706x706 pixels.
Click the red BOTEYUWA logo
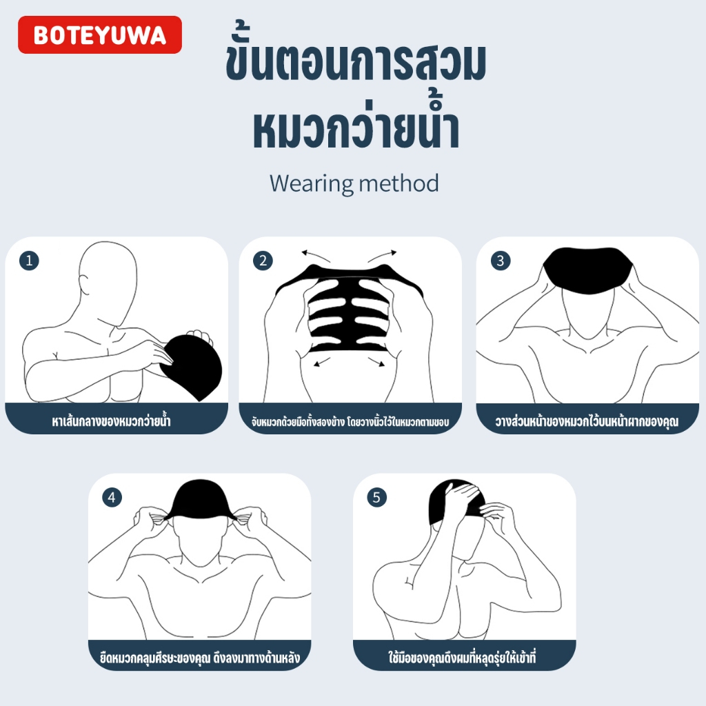point(100,34)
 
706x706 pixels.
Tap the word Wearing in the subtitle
point(312,183)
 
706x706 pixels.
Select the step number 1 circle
point(29,261)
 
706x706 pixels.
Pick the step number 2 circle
point(263,261)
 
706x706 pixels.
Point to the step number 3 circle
point(501,261)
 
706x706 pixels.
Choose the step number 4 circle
point(112,498)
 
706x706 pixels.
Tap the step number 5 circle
point(376,498)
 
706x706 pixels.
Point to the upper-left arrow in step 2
point(316,256)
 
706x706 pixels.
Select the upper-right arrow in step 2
point(382,255)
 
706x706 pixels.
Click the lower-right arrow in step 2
point(376,361)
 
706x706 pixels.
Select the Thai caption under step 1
point(111,421)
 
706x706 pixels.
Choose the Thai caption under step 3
point(587,421)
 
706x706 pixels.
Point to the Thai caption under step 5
point(462,657)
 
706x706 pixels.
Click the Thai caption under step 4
point(199,658)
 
